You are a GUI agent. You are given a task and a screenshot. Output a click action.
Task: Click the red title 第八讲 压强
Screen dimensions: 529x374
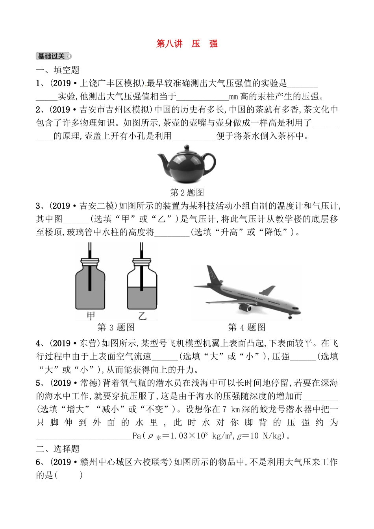[187, 44]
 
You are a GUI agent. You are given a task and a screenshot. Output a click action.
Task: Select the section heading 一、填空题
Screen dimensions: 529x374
[58, 70]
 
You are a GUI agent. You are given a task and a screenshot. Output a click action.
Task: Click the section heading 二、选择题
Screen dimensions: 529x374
[58, 449]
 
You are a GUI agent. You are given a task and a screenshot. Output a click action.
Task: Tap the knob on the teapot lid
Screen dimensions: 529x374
[186, 148]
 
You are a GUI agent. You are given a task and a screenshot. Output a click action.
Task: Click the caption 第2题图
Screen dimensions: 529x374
[187, 192]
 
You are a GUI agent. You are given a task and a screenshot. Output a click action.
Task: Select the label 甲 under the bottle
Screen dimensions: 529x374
[91, 315]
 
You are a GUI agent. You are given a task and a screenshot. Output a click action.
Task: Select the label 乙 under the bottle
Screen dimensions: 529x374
[142, 315]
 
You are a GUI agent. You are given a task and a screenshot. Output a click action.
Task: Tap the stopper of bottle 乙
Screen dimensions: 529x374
[142, 262]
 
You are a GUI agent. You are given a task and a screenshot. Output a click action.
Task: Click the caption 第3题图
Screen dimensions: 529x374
[116, 327]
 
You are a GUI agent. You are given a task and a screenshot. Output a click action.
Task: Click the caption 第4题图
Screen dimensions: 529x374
[247, 327]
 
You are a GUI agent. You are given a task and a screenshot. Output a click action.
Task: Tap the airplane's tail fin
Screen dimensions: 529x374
[213, 274]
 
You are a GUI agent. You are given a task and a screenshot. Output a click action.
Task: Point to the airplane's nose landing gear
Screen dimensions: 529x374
[290, 316]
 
